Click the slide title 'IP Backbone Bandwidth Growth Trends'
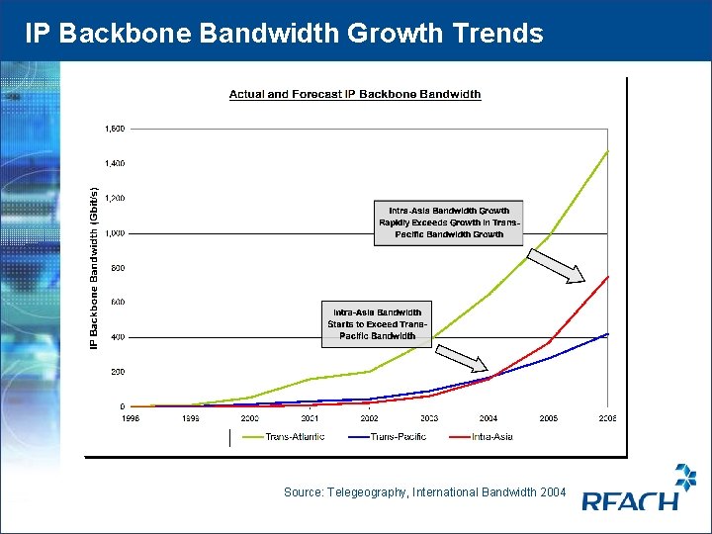(284, 34)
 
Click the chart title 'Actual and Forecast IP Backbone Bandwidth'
(355, 95)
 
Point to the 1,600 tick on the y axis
(115, 129)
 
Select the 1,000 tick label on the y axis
(115, 233)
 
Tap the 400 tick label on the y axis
(117, 337)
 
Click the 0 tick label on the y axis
(122, 406)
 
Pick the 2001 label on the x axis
(310, 418)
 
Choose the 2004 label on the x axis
(489, 418)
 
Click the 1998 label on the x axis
(131, 418)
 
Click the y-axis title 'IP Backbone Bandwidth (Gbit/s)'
(95, 267)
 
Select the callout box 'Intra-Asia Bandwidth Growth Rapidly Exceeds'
(448, 222)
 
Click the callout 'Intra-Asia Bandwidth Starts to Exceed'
(377, 323)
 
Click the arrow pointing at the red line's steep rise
(556, 266)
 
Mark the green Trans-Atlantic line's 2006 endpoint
(607, 151)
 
